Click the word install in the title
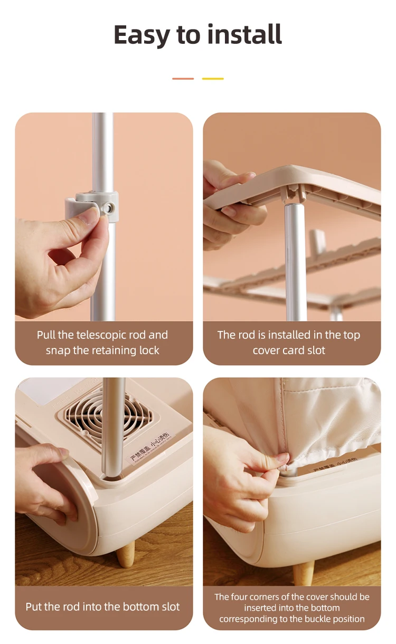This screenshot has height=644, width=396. pos(244,34)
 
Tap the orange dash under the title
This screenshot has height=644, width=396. pos(183,79)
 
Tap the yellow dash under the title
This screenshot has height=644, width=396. pos(213,79)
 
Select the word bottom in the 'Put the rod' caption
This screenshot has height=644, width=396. pos(135,607)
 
